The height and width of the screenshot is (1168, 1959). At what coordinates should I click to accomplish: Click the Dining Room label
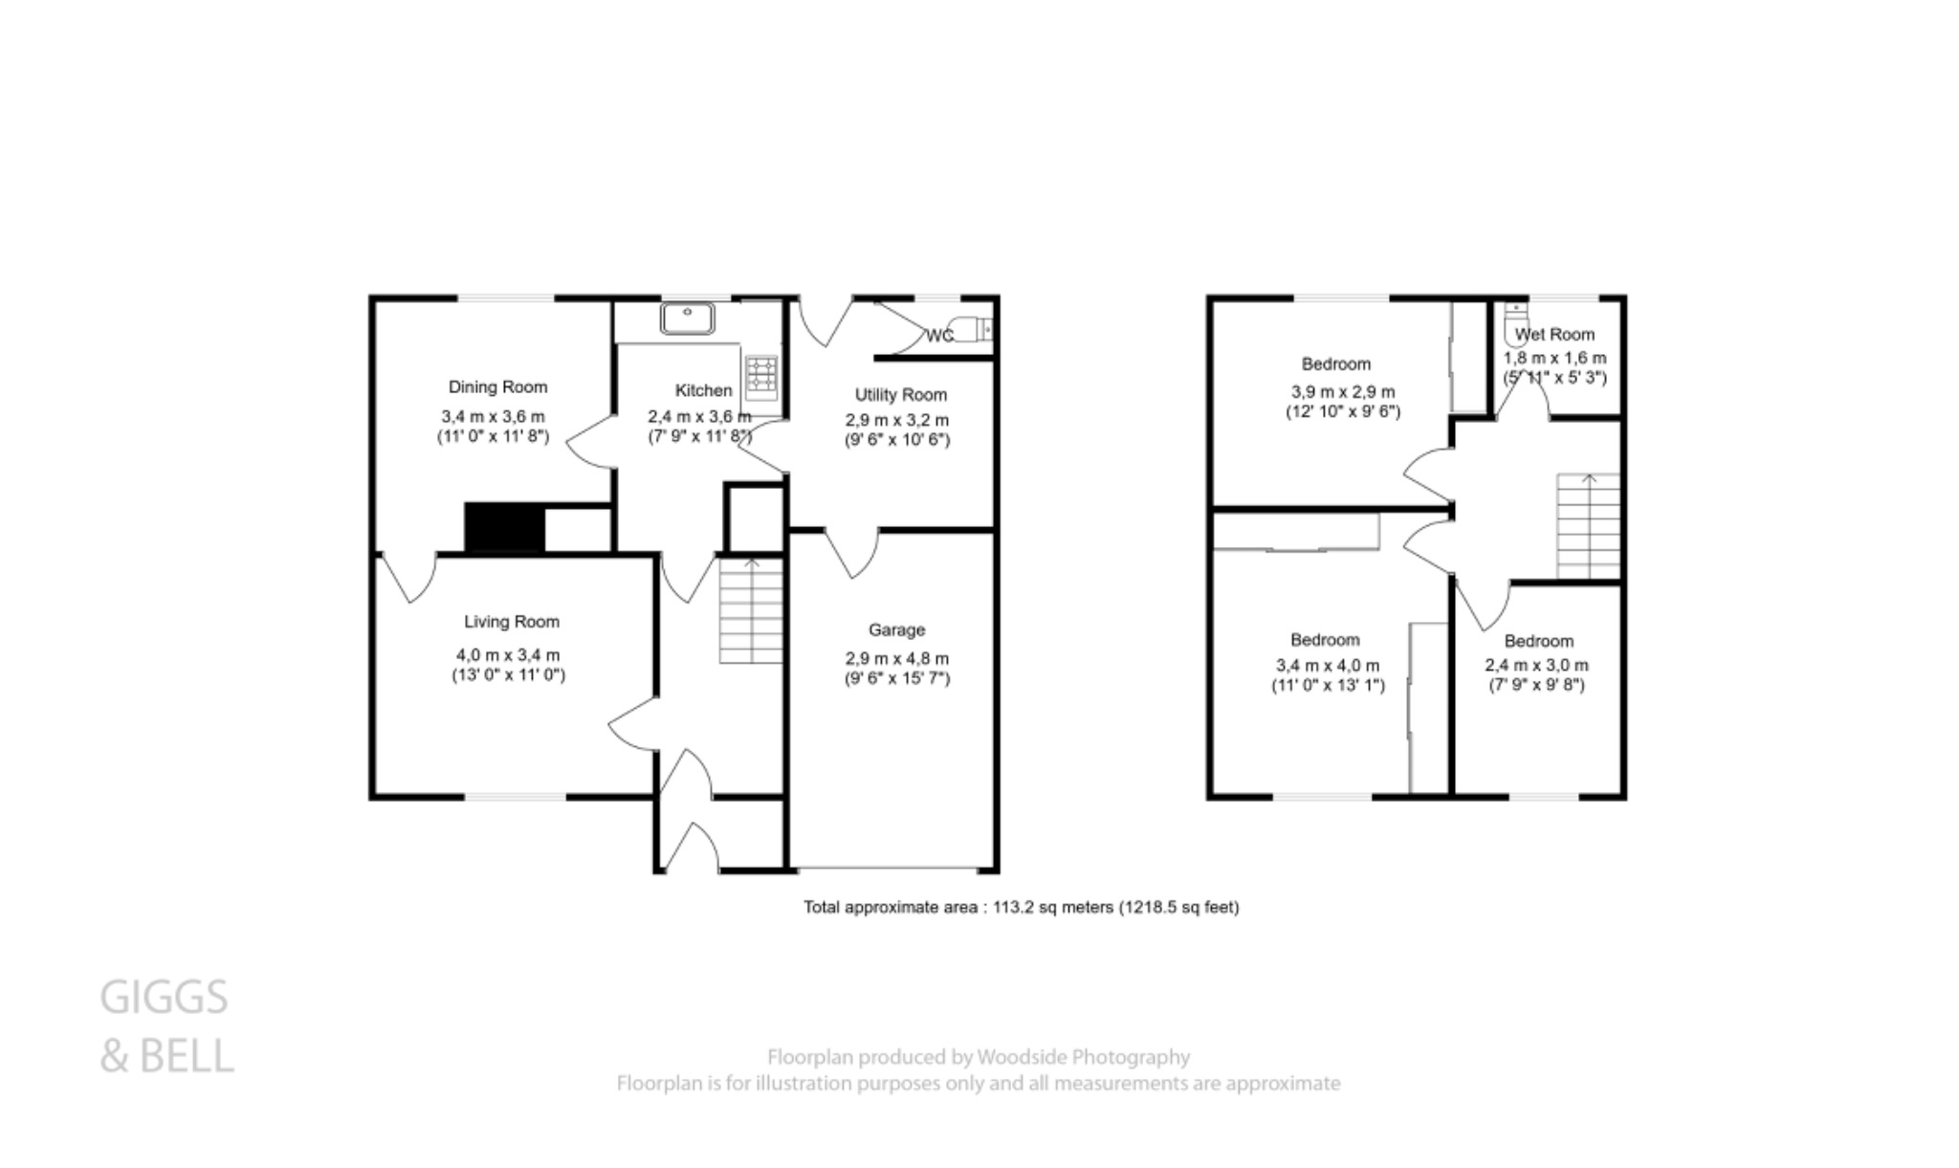[x=497, y=386]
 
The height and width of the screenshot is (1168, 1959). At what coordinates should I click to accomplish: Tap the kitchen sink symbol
[x=687, y=318]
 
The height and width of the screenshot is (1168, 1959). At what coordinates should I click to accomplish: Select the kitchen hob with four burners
[x=762, y=374]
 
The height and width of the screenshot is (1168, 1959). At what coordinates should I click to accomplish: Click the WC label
[x=938, y=336]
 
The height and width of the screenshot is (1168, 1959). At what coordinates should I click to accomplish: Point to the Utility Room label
[x=900, y=394]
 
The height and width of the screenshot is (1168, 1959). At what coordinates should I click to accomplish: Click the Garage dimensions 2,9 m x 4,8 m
[x=896, y=658]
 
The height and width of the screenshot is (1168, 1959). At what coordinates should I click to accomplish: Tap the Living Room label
[x=511, y=622]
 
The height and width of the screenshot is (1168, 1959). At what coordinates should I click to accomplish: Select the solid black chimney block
[x=504, y=528]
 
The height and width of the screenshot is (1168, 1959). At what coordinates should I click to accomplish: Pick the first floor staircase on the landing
[x=1588, y=526]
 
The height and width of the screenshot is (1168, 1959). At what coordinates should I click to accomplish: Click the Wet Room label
[x=1554, y=334]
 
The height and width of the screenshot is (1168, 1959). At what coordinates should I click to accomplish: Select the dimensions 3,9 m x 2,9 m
[x=1342, y=391]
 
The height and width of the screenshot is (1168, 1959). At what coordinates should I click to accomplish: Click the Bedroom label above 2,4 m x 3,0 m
[x=1537, y=641]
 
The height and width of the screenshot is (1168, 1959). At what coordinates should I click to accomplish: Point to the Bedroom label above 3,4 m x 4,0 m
[x=1324, y=640]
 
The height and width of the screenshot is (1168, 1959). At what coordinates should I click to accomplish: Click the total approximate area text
[x=1021, y=907]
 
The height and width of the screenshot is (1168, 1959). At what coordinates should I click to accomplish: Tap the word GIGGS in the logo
[x=164, y=998]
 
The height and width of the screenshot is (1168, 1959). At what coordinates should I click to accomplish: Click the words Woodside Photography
[x=1083, y=1057]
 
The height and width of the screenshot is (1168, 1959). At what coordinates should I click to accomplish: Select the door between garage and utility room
[x=851, y=554]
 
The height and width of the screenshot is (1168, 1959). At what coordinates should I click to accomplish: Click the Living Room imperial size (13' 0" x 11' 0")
[x=508, y=675]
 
